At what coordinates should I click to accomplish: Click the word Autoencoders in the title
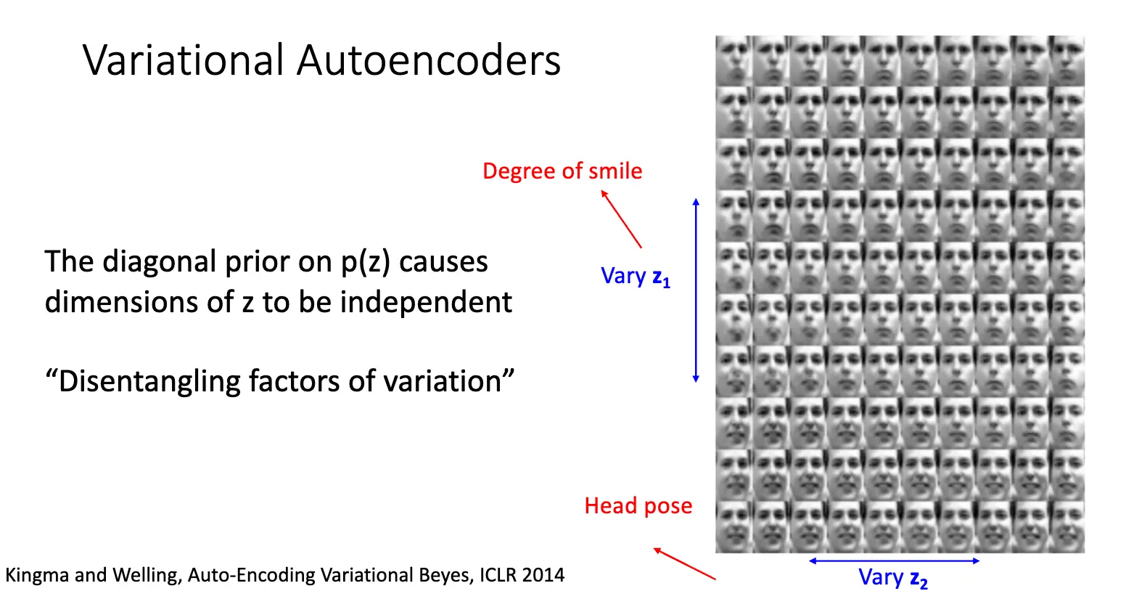[x=429, y=60]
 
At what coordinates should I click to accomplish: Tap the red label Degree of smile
[x=562, y=171]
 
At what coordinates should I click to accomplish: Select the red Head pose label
[x=638, y=506]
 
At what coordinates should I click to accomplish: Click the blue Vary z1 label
[x=636, y=277]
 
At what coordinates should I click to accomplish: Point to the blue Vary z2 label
[x=892, y=578]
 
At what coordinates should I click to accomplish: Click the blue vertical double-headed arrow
[x=696, y=290]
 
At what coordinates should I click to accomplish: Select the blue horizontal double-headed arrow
[x=894, y=561]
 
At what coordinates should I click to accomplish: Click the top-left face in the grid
[x=734, y=60]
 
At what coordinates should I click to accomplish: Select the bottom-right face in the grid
[x=1066, y=528]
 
